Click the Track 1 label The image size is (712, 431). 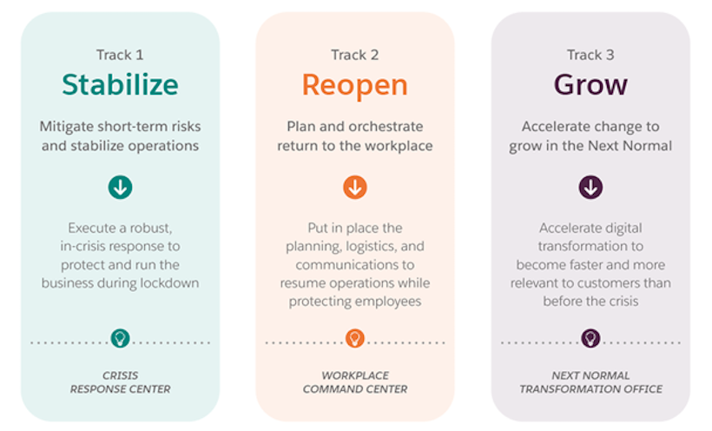(x=120, y=55)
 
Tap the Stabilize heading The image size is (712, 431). (x=121, y=84)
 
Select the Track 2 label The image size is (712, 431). (x=354, y=55)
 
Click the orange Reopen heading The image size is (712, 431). (x=355, y=86)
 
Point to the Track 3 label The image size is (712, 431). (x=590, y=55)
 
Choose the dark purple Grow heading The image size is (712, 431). (x=590, y=85)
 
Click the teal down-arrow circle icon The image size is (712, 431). (x=121, y=187)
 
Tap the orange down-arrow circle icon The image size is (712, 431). (x=355, y=187)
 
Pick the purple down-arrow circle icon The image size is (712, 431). (x=590, y=187)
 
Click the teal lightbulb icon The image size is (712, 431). (x=121, y=338)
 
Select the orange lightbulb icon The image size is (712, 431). (x=355, y=338)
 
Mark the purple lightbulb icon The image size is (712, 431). (x=590, y=338)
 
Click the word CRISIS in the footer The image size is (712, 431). (x=121, y=375)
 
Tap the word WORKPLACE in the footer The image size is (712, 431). (x=355, y=375)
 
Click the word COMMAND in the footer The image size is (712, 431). (x=330, y=389)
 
